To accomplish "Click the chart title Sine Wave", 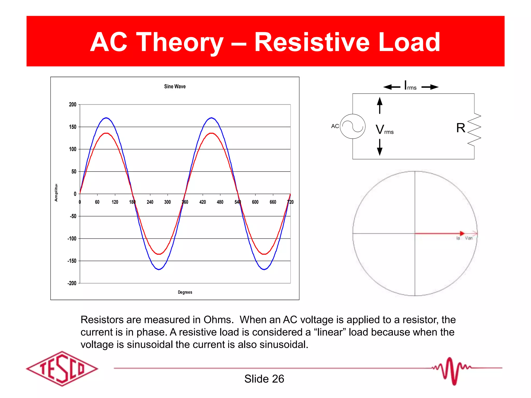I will click(175, 87).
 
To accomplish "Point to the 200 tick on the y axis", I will click(73, 105).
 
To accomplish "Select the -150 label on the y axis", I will click(72, 261).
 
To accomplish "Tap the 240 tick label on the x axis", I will click(150, 202).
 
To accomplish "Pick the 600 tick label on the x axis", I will click(255, 202).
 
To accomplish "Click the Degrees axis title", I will click(185, 292).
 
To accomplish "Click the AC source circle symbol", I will click(353, 126).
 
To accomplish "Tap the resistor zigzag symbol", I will click(474, 130).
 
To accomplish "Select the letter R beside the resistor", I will click(461, 128).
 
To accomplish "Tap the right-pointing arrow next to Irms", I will click(430, 87).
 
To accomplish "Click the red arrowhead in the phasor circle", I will click(462, 233).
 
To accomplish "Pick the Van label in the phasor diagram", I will click(469, 238).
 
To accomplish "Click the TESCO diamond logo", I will click(62, 368).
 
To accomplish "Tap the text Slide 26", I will click(264, 379).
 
